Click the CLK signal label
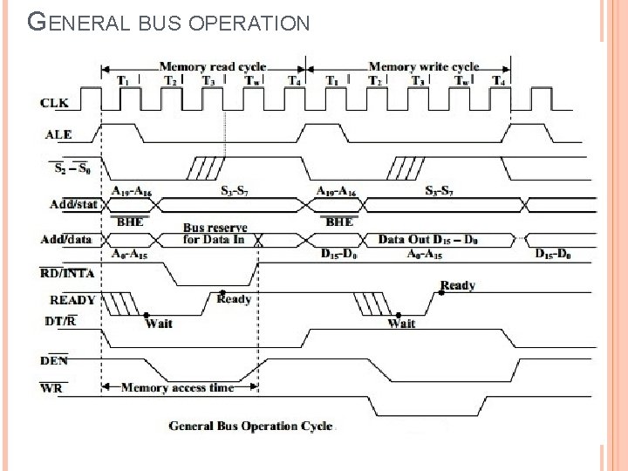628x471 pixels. click(x=54, y=103)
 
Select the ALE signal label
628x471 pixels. click(x=58, y=134)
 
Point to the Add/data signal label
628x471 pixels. click(x=69, y=239)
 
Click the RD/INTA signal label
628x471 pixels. click(x=67, y=272)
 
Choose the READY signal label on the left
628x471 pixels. click(x=72, y=299)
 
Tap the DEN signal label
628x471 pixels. click(x=55, y=359)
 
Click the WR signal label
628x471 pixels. click(x=51, y=387)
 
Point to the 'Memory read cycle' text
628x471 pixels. click(x=212, y=66)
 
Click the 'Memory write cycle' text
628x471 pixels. click(x=424, y=66)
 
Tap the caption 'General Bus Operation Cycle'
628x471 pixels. click(x=250, y=426)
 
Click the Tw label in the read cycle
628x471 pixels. click(x=251, y=81)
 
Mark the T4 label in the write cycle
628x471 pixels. click(x=499, y=81)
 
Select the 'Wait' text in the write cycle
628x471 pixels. click(x=401, y=324)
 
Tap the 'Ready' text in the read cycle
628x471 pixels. click(x=234, y=299)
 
